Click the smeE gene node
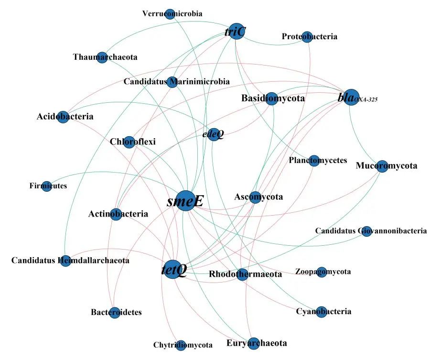pyautogui.click(x=186, y=201)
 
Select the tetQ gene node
pyautogui.click(x=173, y=270)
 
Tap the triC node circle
pyautogui.click(x=236, y=31)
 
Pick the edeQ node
pyautogui.click(x=214, y=134)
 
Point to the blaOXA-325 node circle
pyautogui.click(x=351, y=97)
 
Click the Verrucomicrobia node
pyautogui.click(x=170, y=14)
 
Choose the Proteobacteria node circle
pyautogui.click(x=307, y=37)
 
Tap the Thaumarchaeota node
pyautogui.click(x=102, y=57)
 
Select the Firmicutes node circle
pyautogui.click(x=47, y=186)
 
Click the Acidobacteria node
pyautogui.click(x=63, y=117)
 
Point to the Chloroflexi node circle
pyautogui.click(x=129, y=142)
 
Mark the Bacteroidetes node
pyautogui.click(x=115, y=313)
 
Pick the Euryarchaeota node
pyautogui.click(x=254, y=343)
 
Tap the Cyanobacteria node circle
pyautogui.click(x=322, y=312)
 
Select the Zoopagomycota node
pyautogui.click(x=322, y=272)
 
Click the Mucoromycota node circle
pyautogui.click(x=382, y=166)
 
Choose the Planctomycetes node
pyautogui.click(x=314, y=160)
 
